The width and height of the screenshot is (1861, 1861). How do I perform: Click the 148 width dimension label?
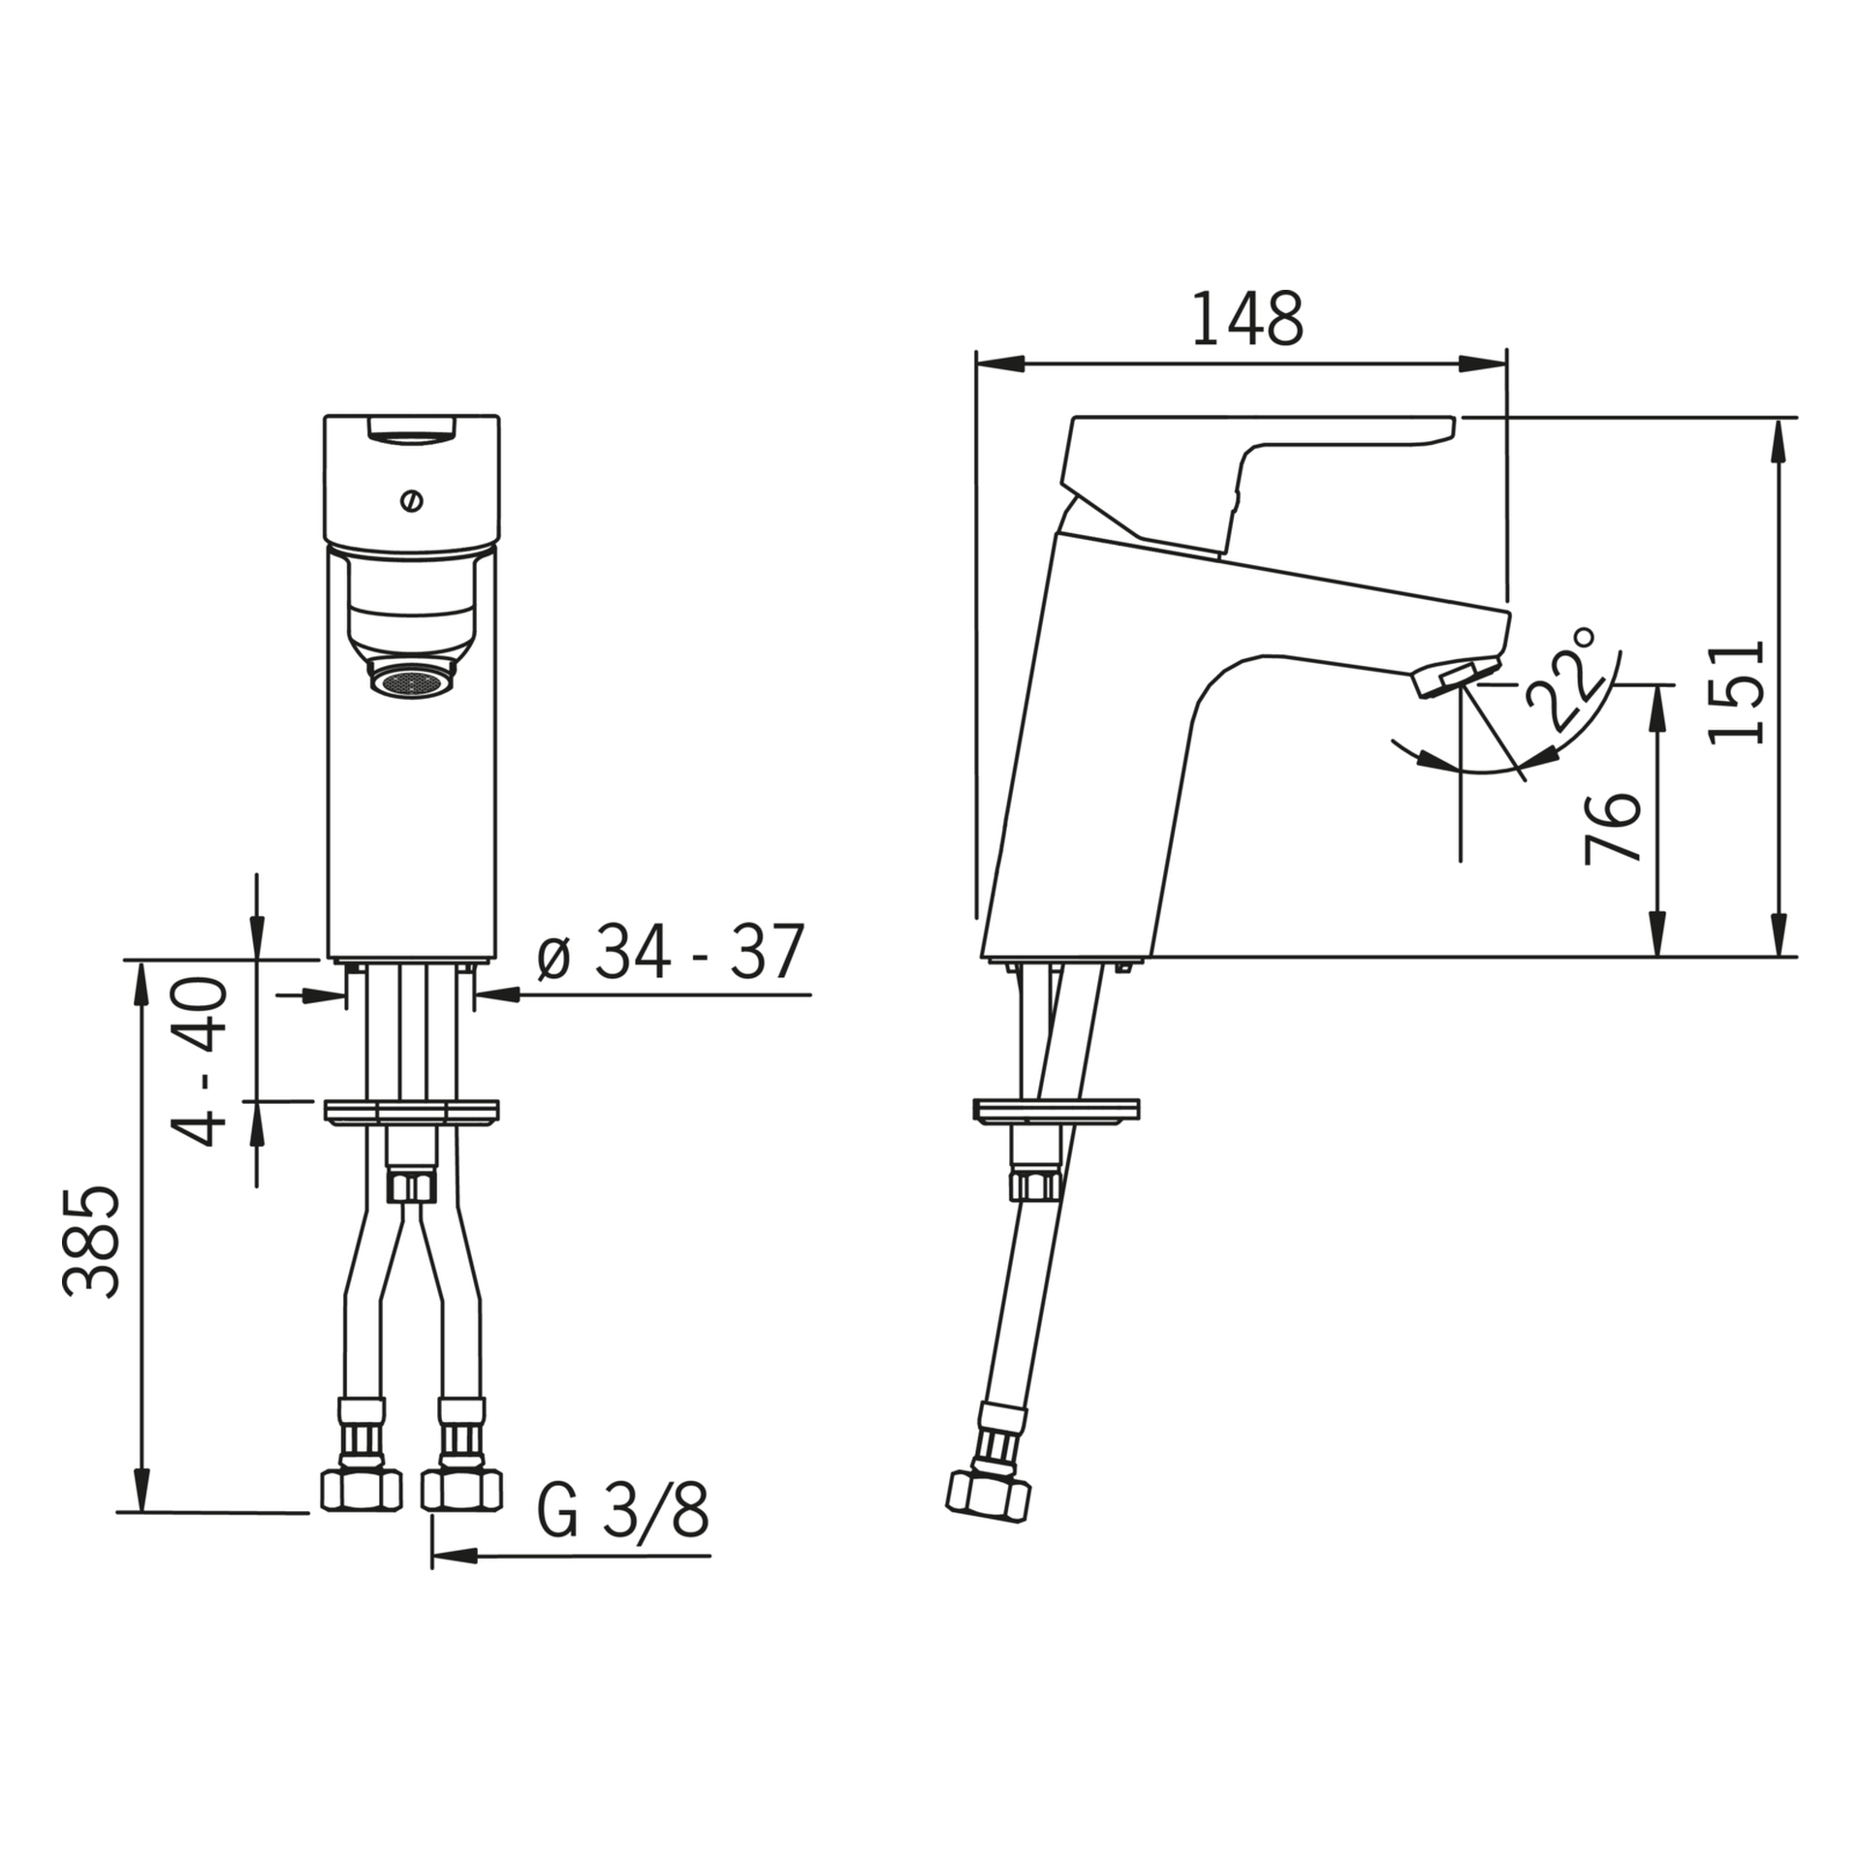[x=1246, y=319]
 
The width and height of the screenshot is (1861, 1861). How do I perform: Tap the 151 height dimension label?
[x=1736, y=692]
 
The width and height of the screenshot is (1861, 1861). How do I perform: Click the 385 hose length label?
[x=92, y=1241]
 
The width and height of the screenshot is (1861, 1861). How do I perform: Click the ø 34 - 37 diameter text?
[x=671, y=951]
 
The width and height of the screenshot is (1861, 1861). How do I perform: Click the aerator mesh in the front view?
[x=413, y=681]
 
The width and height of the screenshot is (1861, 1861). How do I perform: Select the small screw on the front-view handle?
[x=412, y=501]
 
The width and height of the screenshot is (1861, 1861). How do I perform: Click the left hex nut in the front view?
[x=361, y=1489]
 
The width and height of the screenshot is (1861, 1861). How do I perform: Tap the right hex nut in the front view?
[x=462, y=1489]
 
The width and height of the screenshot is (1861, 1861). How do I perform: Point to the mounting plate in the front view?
[x=412, y=1112]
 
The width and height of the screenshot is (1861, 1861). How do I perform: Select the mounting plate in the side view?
[x=1057, y=1111]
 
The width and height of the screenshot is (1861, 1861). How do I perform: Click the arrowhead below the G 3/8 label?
[x=456, y=1557]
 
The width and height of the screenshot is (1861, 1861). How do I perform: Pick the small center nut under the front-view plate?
[x=412, y=1185]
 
